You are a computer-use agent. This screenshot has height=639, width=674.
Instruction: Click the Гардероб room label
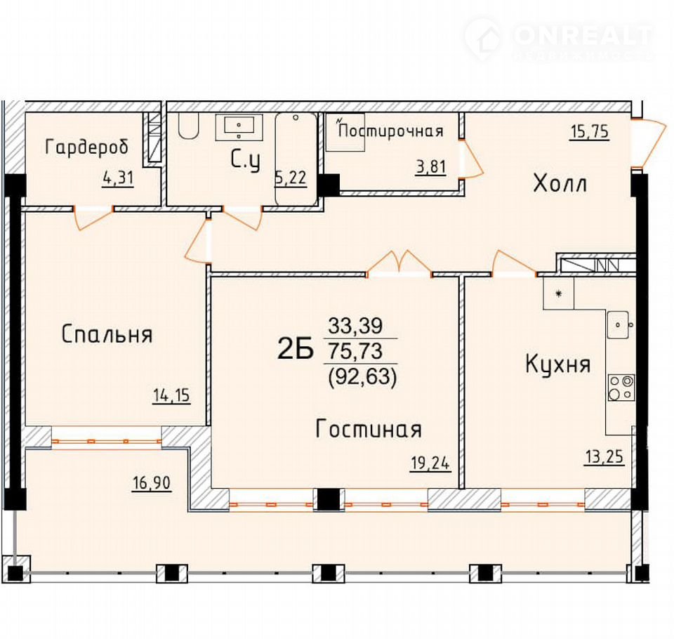[x=86, y=148]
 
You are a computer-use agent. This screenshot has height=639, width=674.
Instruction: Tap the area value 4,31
[x=118, y=178]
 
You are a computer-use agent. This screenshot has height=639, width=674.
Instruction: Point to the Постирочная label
[x=390, y=131]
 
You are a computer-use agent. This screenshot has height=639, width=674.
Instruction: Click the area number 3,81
[x=430, y=166]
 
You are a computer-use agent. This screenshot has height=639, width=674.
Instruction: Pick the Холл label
[x=560, y=184]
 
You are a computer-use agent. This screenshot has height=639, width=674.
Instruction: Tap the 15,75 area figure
[x=590, y=132]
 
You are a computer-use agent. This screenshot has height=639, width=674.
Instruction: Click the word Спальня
[x=107, y=334]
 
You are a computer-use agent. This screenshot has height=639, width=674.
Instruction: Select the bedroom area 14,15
[x=171, y=395]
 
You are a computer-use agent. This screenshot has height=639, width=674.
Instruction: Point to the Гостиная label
[x=369, y=429]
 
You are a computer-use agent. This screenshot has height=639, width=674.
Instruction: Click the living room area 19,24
[x=430, y=463]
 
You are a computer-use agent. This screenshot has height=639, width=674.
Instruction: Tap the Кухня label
[x=557, y=364]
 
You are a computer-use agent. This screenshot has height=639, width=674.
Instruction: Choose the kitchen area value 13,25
[x=604, y=456]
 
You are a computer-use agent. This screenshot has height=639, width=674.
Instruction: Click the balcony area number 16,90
[x=152, y=483]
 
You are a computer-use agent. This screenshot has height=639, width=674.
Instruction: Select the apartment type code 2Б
[x=296, y=350]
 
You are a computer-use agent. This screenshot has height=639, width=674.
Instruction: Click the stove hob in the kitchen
[x=621, y=387]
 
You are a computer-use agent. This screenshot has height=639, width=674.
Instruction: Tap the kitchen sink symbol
[x=619, y=325]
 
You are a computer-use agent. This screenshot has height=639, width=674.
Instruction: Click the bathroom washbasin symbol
[x=239, y=127]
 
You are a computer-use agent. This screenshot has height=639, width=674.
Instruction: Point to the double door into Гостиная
[x=399, y=263]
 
